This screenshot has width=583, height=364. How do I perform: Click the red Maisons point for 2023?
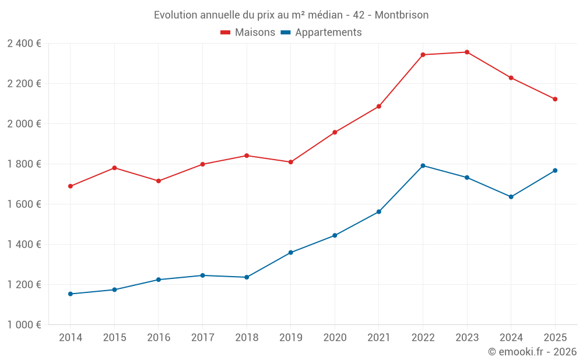pyautogui.click(x=467, y=52)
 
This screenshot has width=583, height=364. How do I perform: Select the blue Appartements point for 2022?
pyautogui.click(x=423, y=165)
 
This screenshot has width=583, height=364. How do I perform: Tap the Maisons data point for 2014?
pyautogui.click(x=71, y=186)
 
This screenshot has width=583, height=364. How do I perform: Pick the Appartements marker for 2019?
pyautogui.click(x=291, y=253)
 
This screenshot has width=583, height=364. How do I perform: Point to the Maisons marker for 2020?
pyautogui.click(x=335, y=132)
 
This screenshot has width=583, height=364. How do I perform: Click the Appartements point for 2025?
pyautogui.click(x=555, y=171)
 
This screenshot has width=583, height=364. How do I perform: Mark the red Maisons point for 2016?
pyautogui.click(x=159, y=181)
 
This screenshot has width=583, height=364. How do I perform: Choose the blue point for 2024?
pyautogui.click(x=511, y=197)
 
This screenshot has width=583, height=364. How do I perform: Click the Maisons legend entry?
pyautogui.click(x=248, y=33)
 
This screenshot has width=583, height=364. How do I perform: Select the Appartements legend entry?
pyautogui.click(x=321, y=33)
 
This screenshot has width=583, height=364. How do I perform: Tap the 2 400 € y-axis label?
pyautogui.click(x=24, y=44)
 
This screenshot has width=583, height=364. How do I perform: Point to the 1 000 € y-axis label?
pyautogui.click(x=24, y=325)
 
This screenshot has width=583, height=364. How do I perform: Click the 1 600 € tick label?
pyautogui.click(x=24, y=204)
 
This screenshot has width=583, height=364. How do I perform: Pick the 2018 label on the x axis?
pyautogui.click(x=247, y=338)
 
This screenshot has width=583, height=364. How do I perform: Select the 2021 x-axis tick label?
pyautogui.click(x=379, y=338)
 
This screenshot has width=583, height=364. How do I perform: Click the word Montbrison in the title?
pyautogui.click(x=402, y=15)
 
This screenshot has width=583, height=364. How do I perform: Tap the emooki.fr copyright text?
pyautogui.click(x=532, y=352)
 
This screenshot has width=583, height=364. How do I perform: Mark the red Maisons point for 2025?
pyautogui.click(x=555, y=99)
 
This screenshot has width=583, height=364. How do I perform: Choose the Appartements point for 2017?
pyautogui.click(x=202, y=275)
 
